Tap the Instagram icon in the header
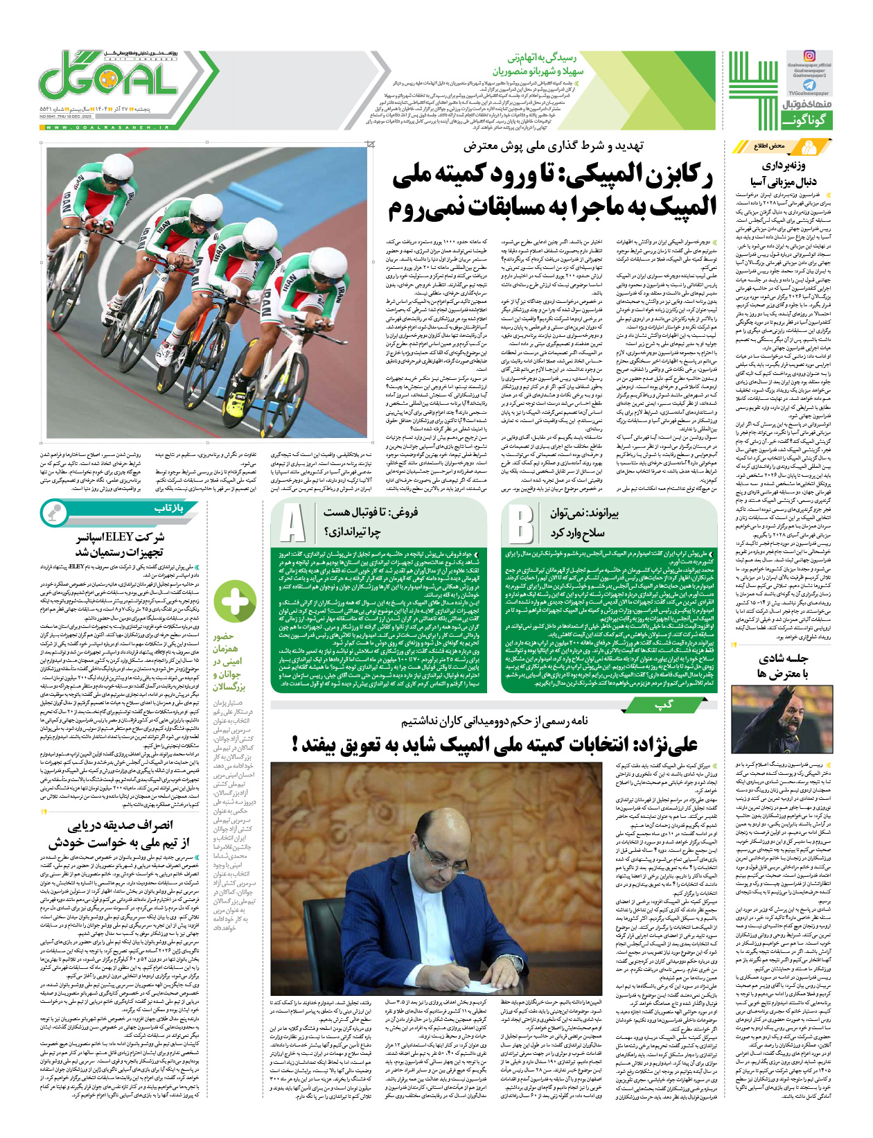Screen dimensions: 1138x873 (809, 56)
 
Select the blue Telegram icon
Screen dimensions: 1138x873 (809, 84)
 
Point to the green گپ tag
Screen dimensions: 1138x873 (664, 705)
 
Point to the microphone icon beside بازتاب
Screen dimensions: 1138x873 (53, 512)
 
